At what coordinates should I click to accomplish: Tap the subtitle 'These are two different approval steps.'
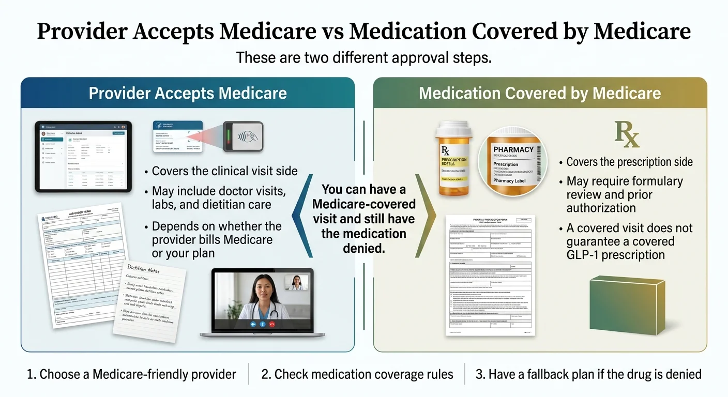[x=363, y=57]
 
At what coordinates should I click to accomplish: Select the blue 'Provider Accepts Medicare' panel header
[x=188, y=93]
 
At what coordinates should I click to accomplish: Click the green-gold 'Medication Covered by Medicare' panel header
[x=540, y=93]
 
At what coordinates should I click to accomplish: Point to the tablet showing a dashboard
[x=83, y=156]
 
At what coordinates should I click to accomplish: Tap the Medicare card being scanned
[x=177, y=136]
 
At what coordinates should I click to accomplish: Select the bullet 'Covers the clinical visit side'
[x=224, y=171]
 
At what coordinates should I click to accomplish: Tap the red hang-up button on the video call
[x=270, y=324]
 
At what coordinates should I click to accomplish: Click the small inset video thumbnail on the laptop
[x=296, y=282]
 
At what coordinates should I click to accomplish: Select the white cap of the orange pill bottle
[x=452, y=130]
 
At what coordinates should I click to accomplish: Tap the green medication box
[x=627, y=304]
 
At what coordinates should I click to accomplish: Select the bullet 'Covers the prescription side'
[x=629, y=162]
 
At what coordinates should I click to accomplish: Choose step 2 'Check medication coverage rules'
[x=357, y=374]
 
